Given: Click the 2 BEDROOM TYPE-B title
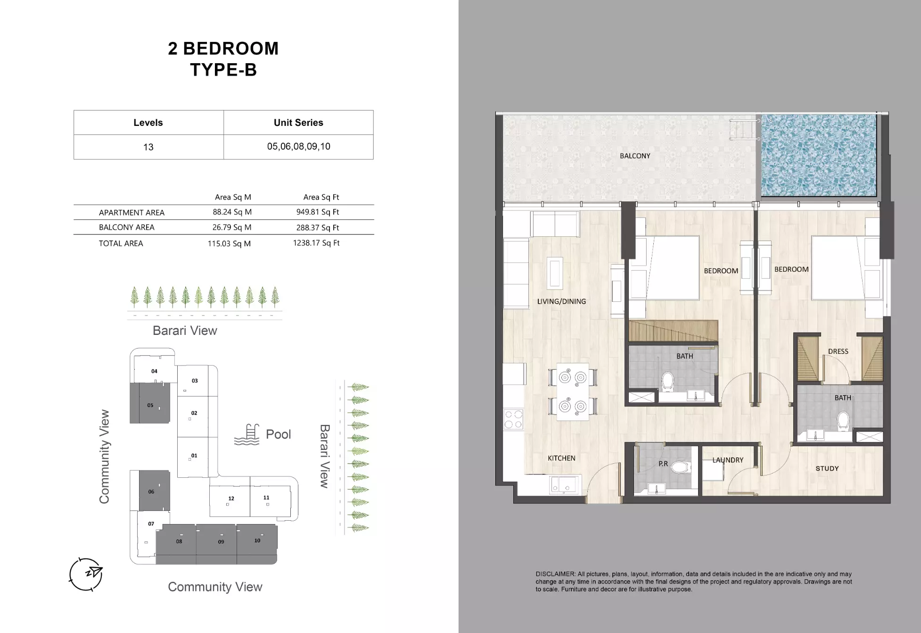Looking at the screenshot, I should point(223,59).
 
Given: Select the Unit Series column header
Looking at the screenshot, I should point(298,123).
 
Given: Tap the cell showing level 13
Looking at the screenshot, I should point(148,147).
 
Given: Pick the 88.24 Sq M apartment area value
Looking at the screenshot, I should point(232,212).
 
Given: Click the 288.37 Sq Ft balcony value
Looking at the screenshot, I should point(317,227).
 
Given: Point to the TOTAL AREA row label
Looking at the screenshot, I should point(121,243).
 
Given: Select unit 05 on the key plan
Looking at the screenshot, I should point(150,404).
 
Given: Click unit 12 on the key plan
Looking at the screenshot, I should point(230,500).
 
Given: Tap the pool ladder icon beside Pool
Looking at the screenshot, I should point(247,434).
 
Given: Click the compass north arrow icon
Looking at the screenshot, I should point(86,574).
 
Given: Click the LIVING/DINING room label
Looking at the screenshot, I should point(561,301).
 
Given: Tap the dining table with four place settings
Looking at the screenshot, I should point(572,391).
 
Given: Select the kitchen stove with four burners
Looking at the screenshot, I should point(513,419).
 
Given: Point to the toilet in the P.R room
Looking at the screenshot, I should point(680,467).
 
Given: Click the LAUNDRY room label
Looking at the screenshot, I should point(727,460).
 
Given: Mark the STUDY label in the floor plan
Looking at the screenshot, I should point(827,468).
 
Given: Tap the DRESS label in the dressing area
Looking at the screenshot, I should point(838,351).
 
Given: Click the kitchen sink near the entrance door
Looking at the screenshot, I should point(564,484).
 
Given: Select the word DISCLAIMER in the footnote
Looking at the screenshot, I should point(555,574).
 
